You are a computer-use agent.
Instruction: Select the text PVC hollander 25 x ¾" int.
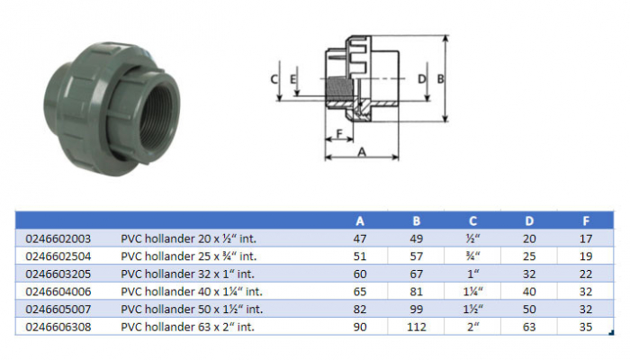click(189, 256)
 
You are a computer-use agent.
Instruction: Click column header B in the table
click(416, 220)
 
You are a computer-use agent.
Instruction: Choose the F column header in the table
click(587, 220)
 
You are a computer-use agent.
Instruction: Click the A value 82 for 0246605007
click(360, 308)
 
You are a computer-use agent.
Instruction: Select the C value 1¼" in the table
click(472, 291)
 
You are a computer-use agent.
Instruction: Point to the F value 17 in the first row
click(587, 239)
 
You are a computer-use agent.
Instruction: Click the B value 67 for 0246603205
click(416, 274)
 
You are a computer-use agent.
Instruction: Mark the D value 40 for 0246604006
click(529, 291)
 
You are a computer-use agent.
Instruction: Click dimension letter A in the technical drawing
click(363, 152)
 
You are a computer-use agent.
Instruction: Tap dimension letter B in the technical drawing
click(440, 79)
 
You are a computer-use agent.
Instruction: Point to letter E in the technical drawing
click(295, 79)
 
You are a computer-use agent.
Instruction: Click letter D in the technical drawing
click(421, 79)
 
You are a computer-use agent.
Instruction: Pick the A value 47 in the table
click(360, 239)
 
